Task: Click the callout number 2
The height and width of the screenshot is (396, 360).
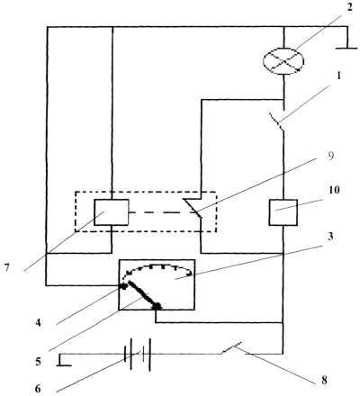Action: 350,7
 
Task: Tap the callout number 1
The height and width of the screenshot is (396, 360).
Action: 338,76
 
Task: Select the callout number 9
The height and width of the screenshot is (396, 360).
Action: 330,157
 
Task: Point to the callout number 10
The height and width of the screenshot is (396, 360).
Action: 334,190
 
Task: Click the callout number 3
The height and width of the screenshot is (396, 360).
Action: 330,237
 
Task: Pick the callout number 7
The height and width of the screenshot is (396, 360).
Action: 7,267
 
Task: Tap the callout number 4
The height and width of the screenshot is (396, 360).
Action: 38,323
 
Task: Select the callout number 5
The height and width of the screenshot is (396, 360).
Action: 38,362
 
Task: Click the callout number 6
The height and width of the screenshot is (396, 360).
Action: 38,389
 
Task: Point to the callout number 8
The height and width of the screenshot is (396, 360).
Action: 324,381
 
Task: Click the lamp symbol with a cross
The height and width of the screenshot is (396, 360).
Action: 283,61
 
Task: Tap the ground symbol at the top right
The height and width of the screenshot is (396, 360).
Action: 346,38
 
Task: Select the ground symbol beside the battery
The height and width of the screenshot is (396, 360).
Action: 64,360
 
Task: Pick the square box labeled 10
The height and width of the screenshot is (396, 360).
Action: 283,212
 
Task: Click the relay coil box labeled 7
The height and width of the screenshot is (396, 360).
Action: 112,212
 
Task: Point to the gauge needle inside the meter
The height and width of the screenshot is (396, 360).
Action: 142,294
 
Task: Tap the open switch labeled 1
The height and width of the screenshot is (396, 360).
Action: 277,121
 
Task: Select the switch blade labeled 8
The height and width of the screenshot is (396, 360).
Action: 232,348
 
